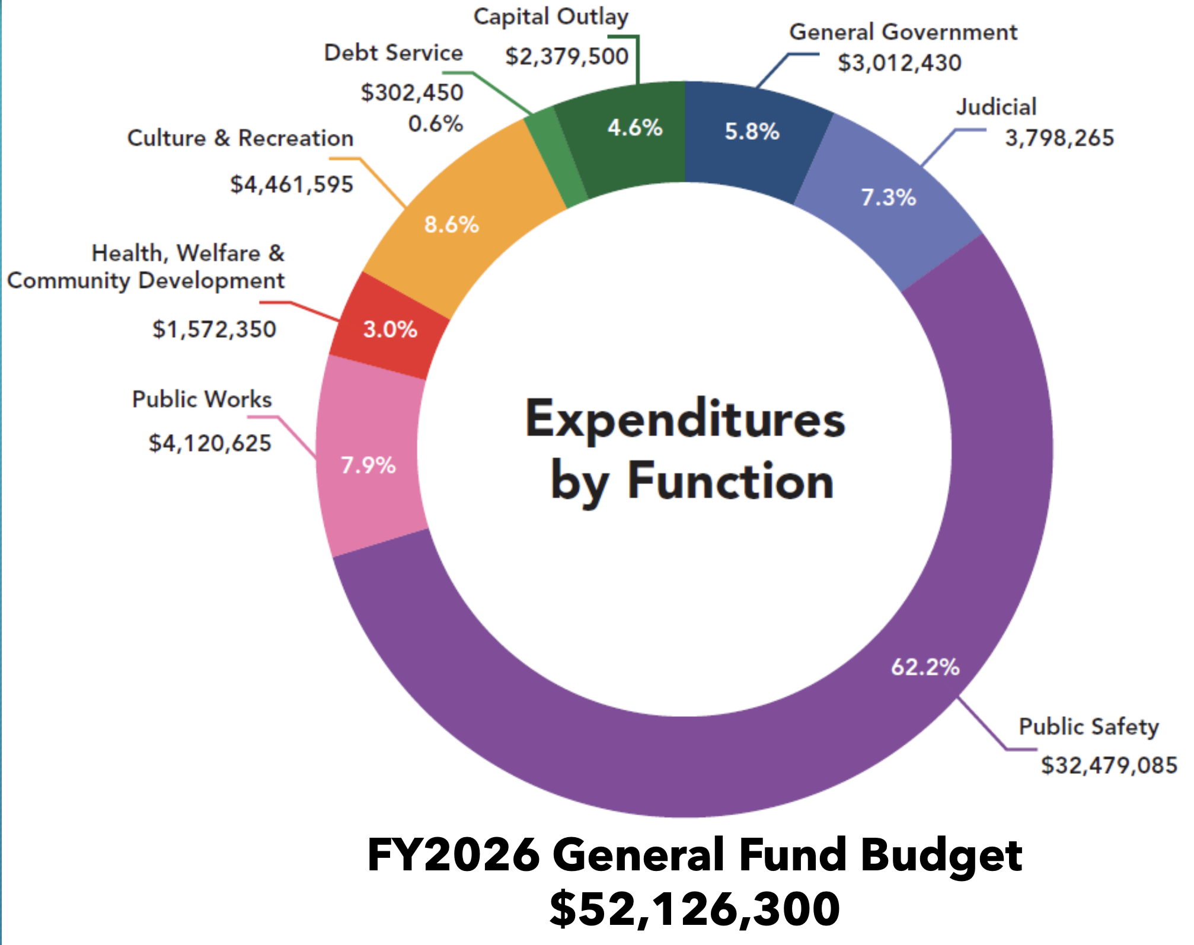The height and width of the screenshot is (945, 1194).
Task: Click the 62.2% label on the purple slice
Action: point(925,667)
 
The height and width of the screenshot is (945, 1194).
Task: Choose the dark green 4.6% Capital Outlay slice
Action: point(634,128)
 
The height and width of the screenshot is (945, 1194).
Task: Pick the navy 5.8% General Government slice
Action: point(752,132)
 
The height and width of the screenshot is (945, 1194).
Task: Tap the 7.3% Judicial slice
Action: point(888,198)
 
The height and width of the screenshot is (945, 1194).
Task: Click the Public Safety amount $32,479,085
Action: point(1109,765)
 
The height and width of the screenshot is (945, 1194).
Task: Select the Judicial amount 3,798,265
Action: point(1059,138)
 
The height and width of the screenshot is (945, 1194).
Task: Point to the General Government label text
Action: point(903,32)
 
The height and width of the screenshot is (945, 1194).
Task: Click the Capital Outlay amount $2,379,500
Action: point(566,56)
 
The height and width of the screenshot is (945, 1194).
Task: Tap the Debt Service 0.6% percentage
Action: point(435,124)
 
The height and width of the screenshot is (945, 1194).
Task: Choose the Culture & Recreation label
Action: point(240,138)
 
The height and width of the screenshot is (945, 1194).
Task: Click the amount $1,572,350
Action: point(214,329)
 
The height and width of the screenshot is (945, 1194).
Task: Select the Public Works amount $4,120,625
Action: point(210,443)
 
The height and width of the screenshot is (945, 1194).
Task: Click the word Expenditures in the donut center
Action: point(685,419)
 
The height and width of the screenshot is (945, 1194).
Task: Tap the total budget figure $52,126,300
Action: point(694,909)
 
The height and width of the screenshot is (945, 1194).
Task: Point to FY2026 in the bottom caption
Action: point(454,856)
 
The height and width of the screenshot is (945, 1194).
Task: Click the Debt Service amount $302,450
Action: point(411,92)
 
